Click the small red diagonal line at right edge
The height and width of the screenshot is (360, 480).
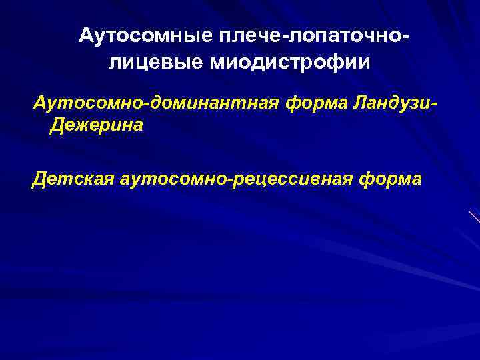pos(474,217)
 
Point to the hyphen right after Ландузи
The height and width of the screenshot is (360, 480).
pos(435,105)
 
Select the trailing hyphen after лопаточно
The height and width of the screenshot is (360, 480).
pos(404,38)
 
